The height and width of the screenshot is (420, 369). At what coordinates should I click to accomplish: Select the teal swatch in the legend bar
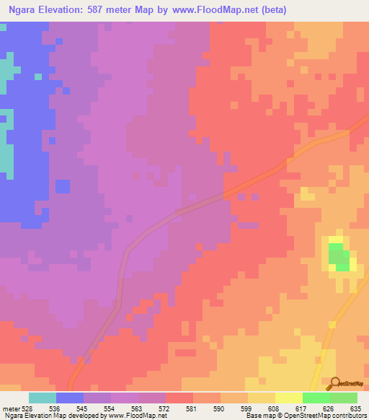tap(42, 398)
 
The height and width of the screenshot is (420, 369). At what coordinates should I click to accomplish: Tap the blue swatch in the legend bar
tap(69, 398)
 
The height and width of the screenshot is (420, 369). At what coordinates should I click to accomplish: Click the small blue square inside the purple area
tap(63, 185)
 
